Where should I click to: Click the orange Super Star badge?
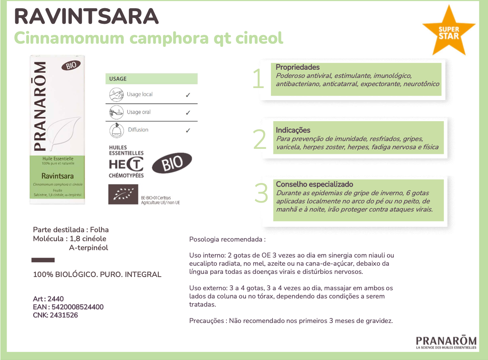[449, 32]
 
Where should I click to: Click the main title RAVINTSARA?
[86, 16]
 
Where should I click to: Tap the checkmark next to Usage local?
[188, 95]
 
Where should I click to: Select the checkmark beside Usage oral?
[188, 113]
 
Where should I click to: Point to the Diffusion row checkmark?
[188, 130]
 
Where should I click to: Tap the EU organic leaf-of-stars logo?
[123, 194]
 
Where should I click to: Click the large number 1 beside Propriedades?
[258, 79]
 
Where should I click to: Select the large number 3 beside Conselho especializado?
[261, 194]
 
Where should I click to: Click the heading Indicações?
[293, 130]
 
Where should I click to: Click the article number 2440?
[55, 299]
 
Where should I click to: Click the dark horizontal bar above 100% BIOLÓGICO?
[43, 260]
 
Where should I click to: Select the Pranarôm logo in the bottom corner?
[446, 341]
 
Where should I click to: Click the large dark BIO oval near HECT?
[172, 163]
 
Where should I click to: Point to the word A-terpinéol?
[88, 248]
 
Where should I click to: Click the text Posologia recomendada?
[227, 239]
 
